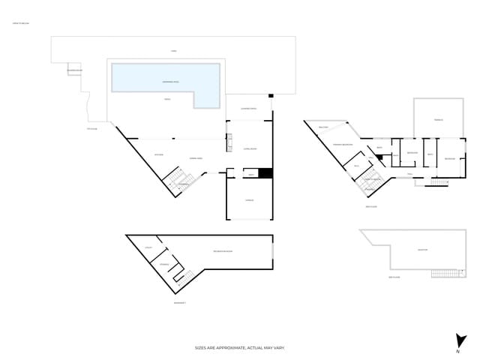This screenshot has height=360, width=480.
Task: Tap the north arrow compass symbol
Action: pos(457,341)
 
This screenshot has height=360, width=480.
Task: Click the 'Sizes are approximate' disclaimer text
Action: pos(240,348)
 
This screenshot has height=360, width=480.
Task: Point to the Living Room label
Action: pos(250,149)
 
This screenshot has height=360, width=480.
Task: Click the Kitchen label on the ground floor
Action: pos(158,155)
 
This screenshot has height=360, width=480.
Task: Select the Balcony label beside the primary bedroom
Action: pos(324,127)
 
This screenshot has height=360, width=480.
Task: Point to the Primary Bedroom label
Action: pos(343,144)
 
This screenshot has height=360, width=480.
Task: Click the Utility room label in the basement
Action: pos(149,248)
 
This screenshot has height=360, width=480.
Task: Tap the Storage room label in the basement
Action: pos(164,264)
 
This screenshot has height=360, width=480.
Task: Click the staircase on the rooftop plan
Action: pos(443,273)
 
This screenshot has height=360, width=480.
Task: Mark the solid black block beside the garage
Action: pos(265,173)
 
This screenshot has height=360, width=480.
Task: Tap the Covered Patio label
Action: pos(248,109)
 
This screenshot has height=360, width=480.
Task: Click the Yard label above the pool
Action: pos(173,51)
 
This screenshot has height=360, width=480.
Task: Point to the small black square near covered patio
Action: pos(271,96)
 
